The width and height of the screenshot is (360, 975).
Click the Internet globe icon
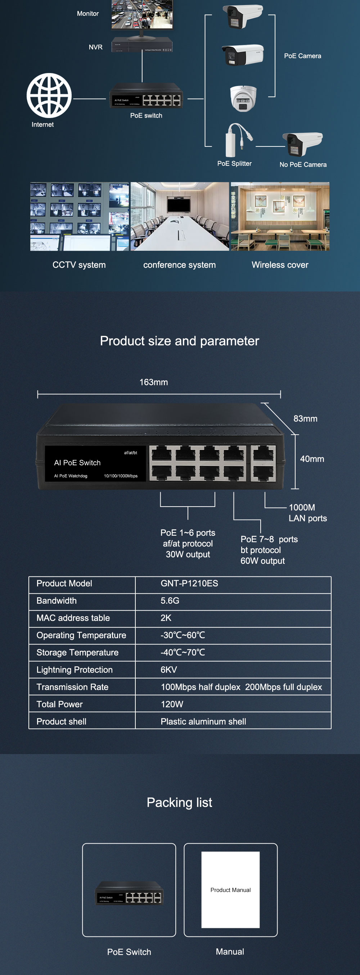coord(49,95)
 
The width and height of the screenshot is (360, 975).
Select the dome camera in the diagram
coord(243,98)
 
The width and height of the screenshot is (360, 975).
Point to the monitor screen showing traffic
coord(142,14)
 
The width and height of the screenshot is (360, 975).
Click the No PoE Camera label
coord(303,165)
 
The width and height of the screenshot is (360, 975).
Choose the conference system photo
coord(180,217)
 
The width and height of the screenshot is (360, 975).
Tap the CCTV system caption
coord(79,265)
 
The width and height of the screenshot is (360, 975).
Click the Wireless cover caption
coord(280,265)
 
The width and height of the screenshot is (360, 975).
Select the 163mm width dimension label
coord(154,382)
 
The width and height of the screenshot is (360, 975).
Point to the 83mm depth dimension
coord(305,419)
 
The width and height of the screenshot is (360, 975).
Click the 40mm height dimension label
coord(312,459)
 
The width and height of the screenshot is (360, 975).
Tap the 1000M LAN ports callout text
coord(307,513)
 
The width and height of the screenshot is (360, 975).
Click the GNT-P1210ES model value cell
coord(189,583)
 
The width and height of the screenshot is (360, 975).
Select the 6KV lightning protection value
coord(169,670)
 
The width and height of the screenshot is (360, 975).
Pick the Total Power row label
coord(59,704)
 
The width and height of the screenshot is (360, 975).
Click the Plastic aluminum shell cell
coord(203,721)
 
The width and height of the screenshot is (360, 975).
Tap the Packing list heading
coord(179,802)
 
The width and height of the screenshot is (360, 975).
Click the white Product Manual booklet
coord(230,889)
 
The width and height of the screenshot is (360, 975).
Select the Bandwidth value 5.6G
coord(170,601)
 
